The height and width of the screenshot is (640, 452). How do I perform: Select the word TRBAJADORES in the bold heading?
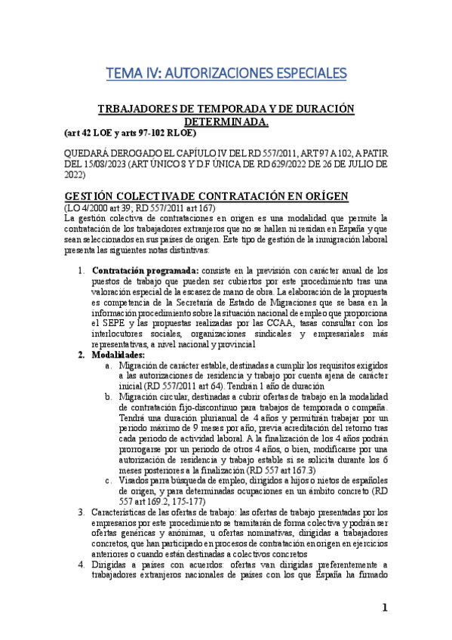click(x=132, y=109)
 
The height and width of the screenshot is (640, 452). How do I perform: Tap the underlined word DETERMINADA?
click(x=226, y=121)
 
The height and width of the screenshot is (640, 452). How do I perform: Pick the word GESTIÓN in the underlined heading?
click(x=94, y=196)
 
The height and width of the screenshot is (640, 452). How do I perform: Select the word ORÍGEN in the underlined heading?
click(x=320, y=196)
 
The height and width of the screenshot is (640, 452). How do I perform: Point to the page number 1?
click(x=384, y=608)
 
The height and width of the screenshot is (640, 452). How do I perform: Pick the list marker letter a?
click(x=109, y=365)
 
